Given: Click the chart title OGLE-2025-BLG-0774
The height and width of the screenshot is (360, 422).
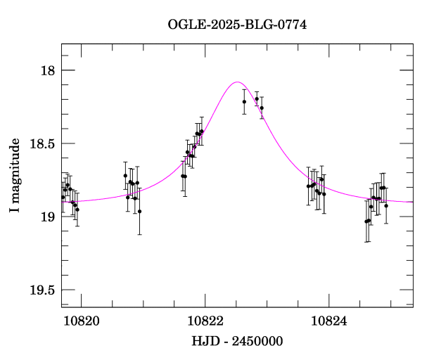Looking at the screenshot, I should click(x=237, y=25).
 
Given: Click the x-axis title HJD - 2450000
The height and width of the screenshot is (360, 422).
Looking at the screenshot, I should click(x=238, y=341).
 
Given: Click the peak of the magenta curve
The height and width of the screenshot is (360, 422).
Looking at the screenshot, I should click(x=237, y=82).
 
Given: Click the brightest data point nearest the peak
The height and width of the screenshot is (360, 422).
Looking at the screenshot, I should click(x=257, y=99).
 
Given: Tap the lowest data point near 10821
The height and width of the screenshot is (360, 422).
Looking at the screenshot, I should click(x=139, y=211).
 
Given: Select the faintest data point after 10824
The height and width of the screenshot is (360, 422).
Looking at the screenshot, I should click(x=366, y=221).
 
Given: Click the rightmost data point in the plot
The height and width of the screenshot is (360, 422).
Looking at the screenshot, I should click(x=386, y=205).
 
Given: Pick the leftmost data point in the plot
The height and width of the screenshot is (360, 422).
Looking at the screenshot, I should click(x=63, y=197).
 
